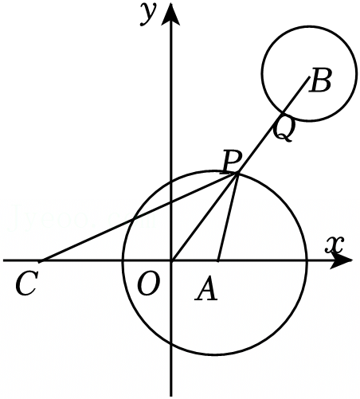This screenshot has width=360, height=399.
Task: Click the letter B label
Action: [321, 80]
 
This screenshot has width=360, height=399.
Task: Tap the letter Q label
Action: [284, 129]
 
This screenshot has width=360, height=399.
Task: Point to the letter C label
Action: [26, 284]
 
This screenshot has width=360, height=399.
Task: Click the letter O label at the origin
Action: [149, 284]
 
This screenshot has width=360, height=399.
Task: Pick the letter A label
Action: [206, 288]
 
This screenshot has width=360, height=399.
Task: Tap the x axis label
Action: [335, 244]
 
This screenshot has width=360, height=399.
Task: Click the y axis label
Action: [147, 15]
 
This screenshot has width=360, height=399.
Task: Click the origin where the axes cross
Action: [171, 260]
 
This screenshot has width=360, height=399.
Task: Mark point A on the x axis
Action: [217, 260]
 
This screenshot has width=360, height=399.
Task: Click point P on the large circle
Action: [237, 174]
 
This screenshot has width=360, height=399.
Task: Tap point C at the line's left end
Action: [41, 260]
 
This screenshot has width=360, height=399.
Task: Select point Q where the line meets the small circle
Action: [282, 114]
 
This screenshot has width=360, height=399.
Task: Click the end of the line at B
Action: [310, 77]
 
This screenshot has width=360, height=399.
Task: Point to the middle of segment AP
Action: [227, 217]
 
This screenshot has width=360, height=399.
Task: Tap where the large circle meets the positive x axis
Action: [307, 260]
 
